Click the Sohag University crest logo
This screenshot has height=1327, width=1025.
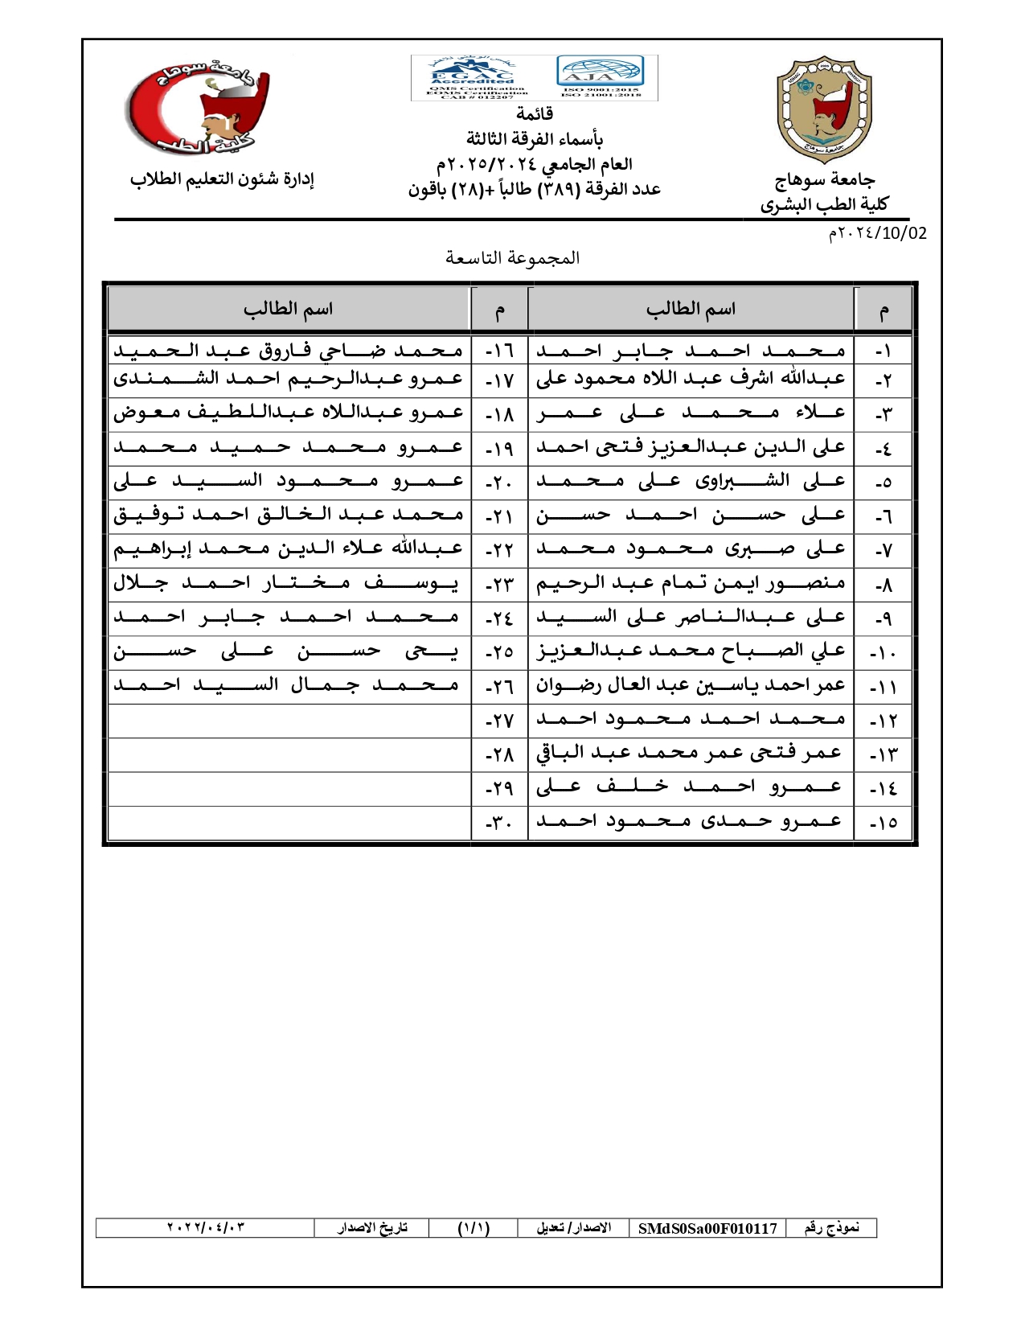(824, 109)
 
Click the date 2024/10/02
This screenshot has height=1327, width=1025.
(878, 233)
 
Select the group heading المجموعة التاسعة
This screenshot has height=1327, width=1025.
(512, 257)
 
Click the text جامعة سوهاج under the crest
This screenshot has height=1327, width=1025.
(825, 179)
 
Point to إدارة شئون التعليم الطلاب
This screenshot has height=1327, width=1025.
(222, 179)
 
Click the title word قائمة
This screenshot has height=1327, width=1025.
(535, 113)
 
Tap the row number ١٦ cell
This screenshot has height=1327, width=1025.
(499, 351)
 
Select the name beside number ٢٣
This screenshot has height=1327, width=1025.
(288, 583)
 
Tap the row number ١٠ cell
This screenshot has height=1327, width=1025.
(883, 652)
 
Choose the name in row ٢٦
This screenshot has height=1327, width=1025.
(288, 686)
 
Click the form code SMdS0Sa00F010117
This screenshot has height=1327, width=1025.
(707, 1228)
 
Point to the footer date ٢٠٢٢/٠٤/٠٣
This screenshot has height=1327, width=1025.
(206, 1228)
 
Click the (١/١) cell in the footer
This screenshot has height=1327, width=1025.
(474, 1228)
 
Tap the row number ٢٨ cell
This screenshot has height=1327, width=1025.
(499, 754)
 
